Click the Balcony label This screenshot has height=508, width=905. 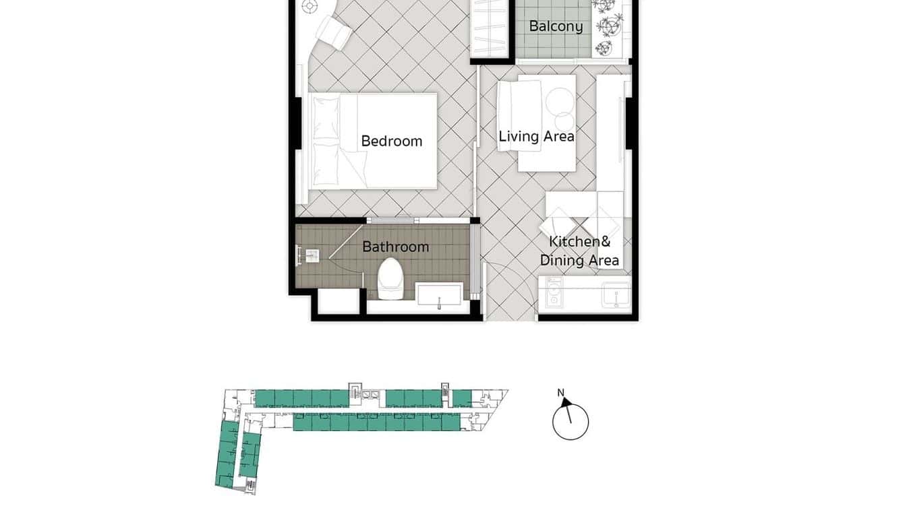[556, 26]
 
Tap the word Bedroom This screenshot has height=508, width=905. [391, 141]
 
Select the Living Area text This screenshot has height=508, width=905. [536, 136]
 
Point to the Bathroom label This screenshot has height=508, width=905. [395, 247]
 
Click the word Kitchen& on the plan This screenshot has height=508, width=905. [579, 242]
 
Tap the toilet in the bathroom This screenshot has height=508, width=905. [389, 278]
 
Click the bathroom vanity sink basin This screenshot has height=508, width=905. [439, 294]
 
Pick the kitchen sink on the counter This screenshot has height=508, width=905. [616, 294]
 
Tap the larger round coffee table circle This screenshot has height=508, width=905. [559, 102]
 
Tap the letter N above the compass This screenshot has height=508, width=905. [560, 393]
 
